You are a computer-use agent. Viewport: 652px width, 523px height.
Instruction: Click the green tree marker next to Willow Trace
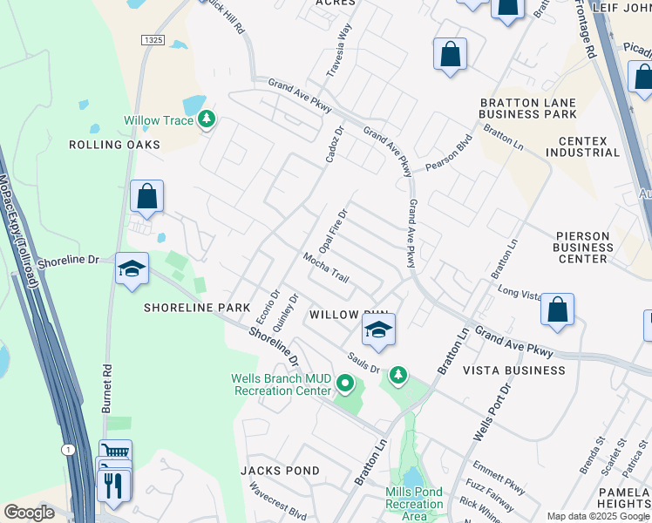point(206,119)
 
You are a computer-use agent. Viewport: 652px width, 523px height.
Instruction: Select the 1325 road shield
point(153,40)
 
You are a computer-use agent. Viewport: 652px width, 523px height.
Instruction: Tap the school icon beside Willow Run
point(378,329)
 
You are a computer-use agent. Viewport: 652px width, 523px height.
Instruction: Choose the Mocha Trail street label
point(326,268)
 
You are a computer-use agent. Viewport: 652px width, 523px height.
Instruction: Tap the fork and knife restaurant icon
point(113,484)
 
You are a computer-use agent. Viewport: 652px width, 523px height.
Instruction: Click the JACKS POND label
point(280,471)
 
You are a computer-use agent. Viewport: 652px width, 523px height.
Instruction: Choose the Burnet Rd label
point(108,371)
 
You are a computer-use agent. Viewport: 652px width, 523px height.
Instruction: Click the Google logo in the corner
point(29,513)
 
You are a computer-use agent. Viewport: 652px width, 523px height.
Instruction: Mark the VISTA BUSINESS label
point(513,370)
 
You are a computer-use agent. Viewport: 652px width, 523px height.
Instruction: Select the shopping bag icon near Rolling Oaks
point(147,196)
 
